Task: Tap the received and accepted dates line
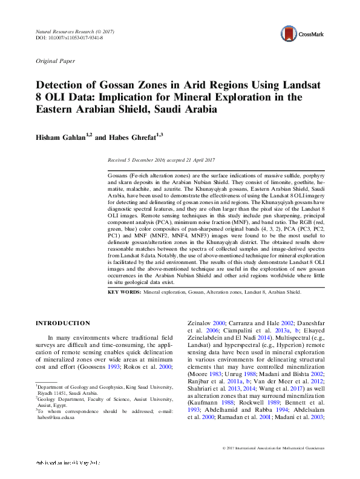(x=162, y=160)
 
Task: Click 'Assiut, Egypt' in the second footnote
(x=51, y=405)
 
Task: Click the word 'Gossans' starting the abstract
(x=118, y=174)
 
